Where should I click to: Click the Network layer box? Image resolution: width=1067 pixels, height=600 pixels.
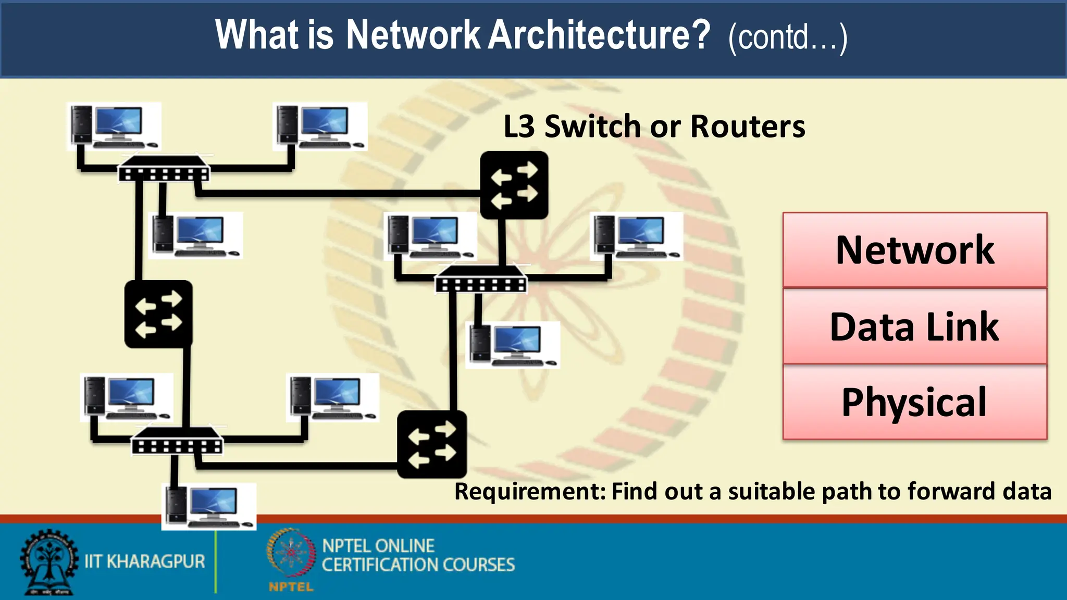click(915, 250)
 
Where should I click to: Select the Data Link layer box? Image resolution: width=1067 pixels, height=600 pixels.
click(915, 327)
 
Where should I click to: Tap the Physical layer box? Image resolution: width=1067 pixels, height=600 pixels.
click(915, 402)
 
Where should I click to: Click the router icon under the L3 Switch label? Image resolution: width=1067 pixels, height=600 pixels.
click(514, 185)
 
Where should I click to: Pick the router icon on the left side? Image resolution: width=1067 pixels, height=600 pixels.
click(158, 314)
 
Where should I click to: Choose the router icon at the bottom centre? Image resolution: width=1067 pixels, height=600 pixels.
click(432, 444)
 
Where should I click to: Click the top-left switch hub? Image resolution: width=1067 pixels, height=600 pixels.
click(164, 169)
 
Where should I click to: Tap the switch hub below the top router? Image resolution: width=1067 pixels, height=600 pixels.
click(481, 279)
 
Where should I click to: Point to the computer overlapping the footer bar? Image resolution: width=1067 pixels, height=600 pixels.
click(209, 506)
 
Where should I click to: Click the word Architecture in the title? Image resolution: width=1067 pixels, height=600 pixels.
click(599, 35)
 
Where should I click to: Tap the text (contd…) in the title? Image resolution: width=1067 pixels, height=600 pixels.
click(788, 37)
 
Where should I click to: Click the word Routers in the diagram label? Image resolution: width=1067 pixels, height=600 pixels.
click(748, 127)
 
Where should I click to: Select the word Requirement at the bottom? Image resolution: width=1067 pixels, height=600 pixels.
click(530, 492)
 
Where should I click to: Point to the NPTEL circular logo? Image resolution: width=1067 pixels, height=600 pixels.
click(291, 555)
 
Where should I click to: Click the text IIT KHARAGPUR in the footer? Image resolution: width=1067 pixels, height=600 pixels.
click(145, 561)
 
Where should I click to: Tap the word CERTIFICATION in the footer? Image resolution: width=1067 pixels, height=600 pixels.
click(381, 565)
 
